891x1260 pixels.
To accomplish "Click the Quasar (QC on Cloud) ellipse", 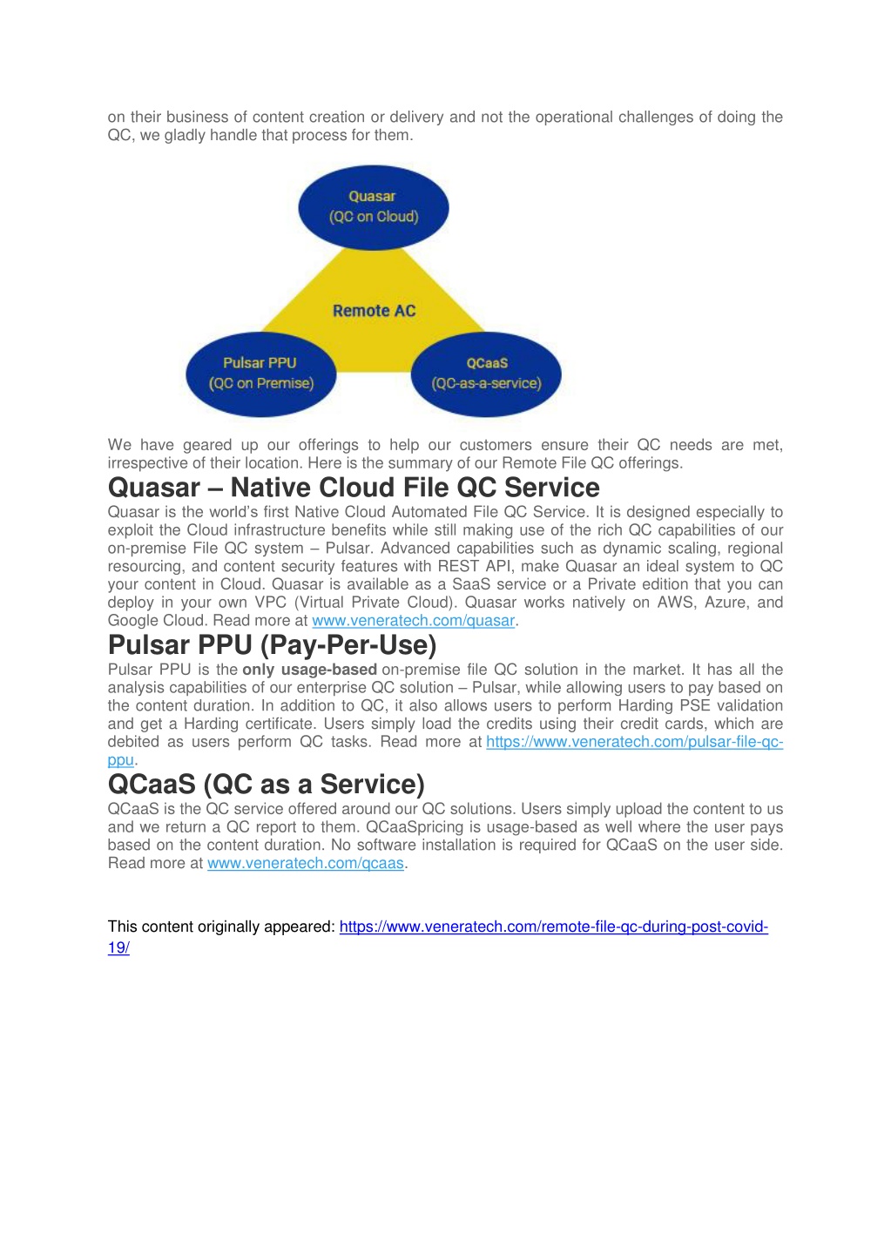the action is pyautogui.click(x=374, y=207).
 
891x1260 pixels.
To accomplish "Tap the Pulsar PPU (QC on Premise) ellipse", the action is pyautogui.click(x=261, y=374).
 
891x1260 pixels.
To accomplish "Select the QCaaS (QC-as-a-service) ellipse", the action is pyautogui.click(x=486, y=374).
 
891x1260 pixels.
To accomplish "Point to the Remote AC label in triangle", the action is pyautogui.click(x=374, y=311).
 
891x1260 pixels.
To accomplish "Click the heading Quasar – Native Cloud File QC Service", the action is pyautogui.click(x=354, y=487).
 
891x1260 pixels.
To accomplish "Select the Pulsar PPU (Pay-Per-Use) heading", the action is pyautogui.click(x=273, y=644).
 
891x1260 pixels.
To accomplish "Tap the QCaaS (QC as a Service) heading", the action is pyautogui.click(x=266, y=784).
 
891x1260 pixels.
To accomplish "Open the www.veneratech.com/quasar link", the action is pyautogui.click(x=414, y=621).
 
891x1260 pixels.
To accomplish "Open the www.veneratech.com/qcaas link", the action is pyautogui.click(x=306, y=863).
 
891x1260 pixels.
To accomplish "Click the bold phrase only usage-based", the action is pyautogui.click(x=309, y=670).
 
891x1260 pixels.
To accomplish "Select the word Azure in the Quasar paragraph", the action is pyautogui.click(x=726, y=603).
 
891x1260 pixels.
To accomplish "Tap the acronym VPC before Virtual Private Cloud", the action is pyautogui.click(x=271, y=603).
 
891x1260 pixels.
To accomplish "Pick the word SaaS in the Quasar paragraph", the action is pyautogui.click(x=471, y=584).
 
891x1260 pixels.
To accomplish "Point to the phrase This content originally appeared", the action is pyautogui.click(x=221, y=926).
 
